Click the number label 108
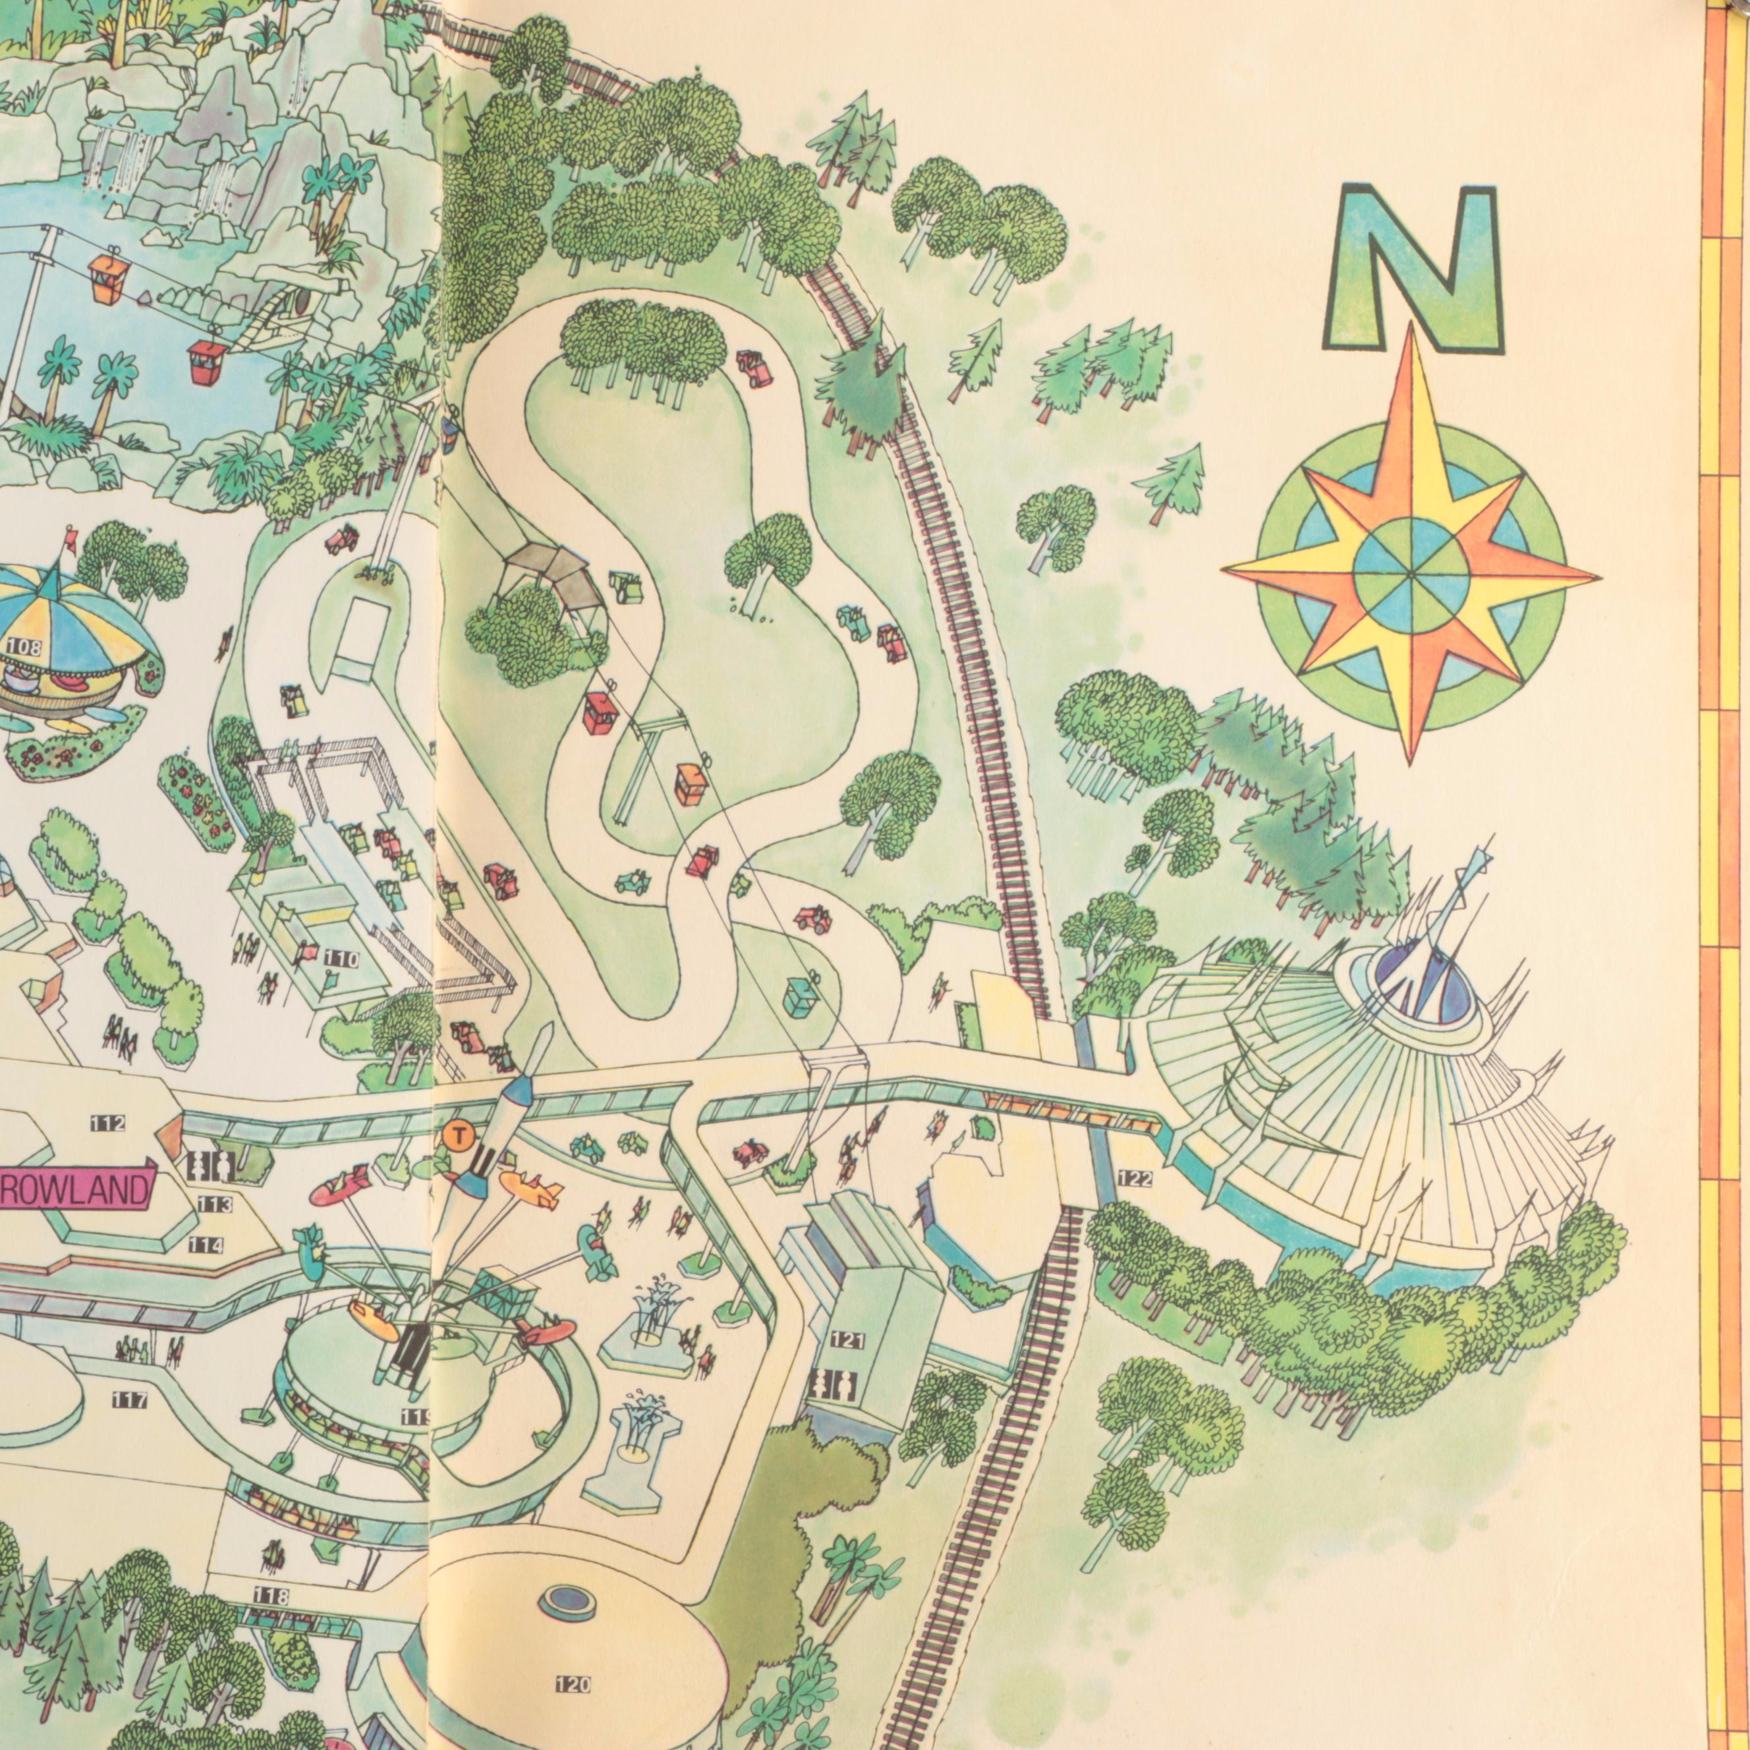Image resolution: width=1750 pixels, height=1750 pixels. (x=20, y=645)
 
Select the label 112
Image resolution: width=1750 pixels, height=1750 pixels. (x=109, y=1123)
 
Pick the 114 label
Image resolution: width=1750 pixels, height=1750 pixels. (x=206, y=1245)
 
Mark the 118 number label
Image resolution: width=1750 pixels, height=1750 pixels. (x=270, y=1595)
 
